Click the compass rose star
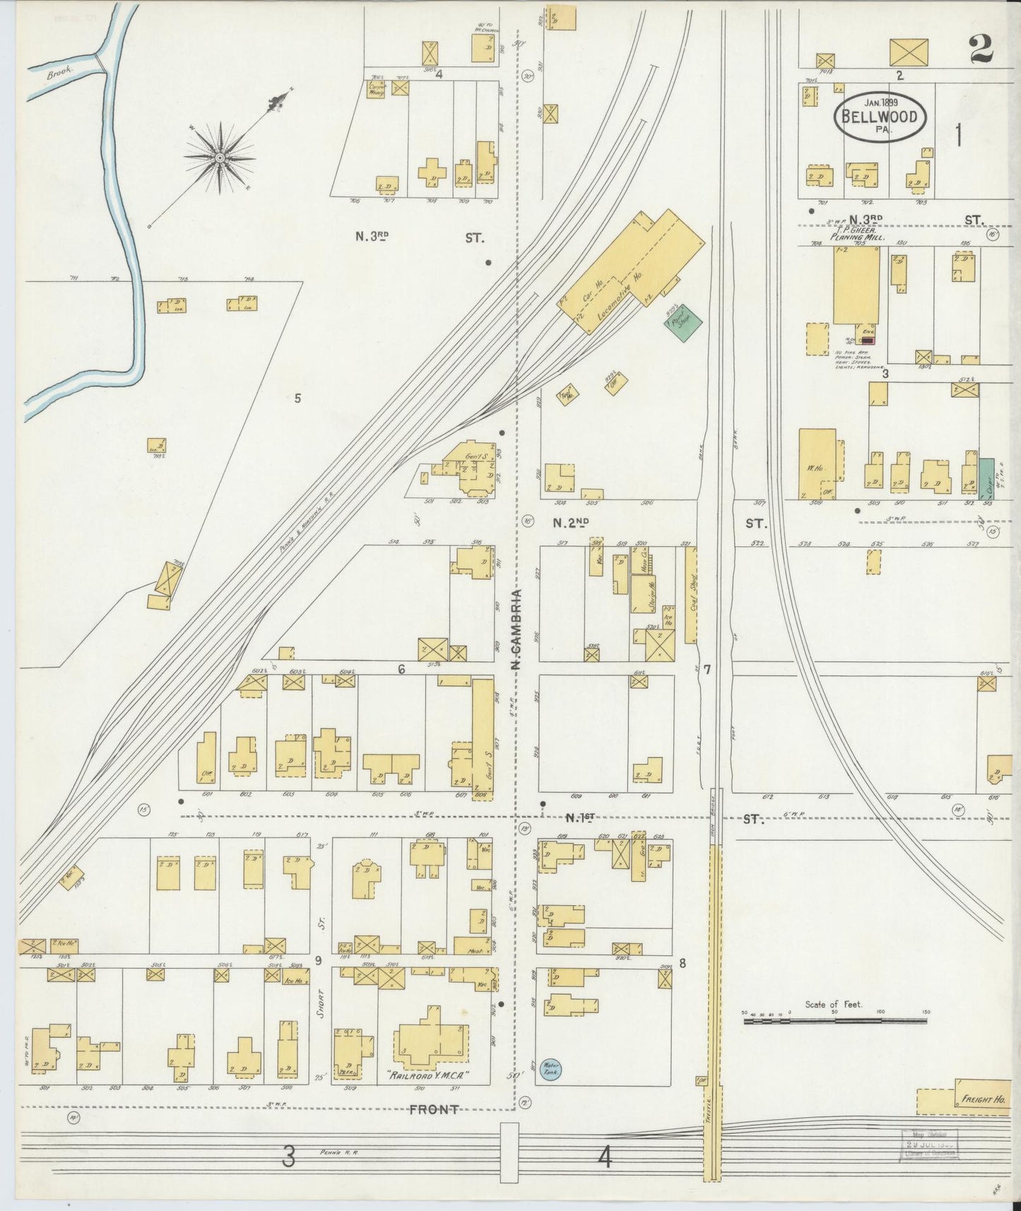220,157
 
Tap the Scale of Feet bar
835,1020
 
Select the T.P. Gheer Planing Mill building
856,286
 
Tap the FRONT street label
434,1110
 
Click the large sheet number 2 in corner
981,49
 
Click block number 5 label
297,398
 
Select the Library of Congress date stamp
930,1143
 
